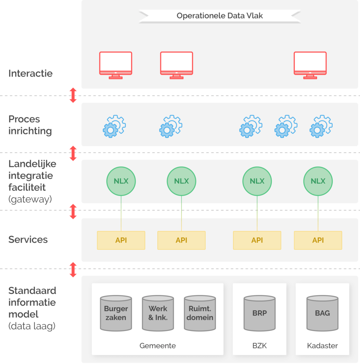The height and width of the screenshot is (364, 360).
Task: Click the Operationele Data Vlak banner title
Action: (220, 16)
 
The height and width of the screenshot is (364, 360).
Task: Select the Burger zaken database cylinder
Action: (116, 313)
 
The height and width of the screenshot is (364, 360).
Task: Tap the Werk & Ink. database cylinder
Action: (158, 313)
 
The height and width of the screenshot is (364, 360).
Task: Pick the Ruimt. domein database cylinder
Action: (200, 313)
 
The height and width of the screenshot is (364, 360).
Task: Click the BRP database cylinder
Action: (260, 313)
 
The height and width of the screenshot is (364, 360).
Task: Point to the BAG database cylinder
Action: (322, 313)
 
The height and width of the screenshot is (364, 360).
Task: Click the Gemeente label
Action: (158, 346)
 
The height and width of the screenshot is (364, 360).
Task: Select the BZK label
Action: (260, 346)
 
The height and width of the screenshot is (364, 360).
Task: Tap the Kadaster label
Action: (322, 346)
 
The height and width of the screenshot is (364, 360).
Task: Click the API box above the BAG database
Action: (318, 240)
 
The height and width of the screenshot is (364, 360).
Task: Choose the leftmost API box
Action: (121, 240)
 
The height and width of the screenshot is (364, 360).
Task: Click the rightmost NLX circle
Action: (318, 181)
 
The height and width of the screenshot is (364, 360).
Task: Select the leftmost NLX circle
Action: (121, 181)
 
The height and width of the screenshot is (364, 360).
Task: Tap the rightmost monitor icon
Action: (310, 65)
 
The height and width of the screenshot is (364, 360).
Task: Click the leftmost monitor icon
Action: (115, 65)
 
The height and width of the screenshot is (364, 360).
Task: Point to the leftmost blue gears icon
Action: (114, 126)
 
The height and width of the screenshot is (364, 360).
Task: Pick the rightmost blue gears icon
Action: (321, 126)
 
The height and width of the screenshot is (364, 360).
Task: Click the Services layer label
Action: (28, 240)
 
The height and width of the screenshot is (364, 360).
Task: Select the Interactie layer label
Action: (31, 74)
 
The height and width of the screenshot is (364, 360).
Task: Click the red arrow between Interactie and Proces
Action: (73, 95)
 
